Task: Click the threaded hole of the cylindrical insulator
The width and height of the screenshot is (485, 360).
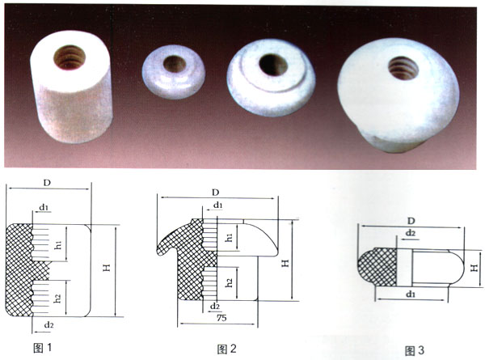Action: coord(70,57)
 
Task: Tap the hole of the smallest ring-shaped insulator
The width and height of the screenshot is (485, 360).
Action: coord(175,64)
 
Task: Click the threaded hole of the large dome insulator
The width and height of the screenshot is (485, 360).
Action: coord(403,68)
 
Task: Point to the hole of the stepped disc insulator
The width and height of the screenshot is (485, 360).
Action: coord(273,65)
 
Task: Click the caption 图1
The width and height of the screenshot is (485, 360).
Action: coord(42,348)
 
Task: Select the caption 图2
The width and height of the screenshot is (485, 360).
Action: coord(226,349)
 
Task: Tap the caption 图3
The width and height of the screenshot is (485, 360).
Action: coord(415,350)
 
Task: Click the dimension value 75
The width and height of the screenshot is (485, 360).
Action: coord(221,318)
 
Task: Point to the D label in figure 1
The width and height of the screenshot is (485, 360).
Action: coord(47,183)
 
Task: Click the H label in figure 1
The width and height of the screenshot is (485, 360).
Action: coord(107,268)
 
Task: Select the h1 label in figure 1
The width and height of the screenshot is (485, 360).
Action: coord(59,245)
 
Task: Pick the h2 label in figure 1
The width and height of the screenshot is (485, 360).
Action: coord(57,298)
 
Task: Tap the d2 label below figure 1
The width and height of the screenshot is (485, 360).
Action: coord(48,324)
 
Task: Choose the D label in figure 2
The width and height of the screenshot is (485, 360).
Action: coord(215,193)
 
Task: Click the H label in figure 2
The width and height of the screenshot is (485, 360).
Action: coord(285,263)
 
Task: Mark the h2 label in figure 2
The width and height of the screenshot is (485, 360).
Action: coord(229,282)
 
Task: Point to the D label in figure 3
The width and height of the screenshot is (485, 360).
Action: coord(411,221)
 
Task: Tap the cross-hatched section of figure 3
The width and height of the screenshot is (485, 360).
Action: coord(378,267)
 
